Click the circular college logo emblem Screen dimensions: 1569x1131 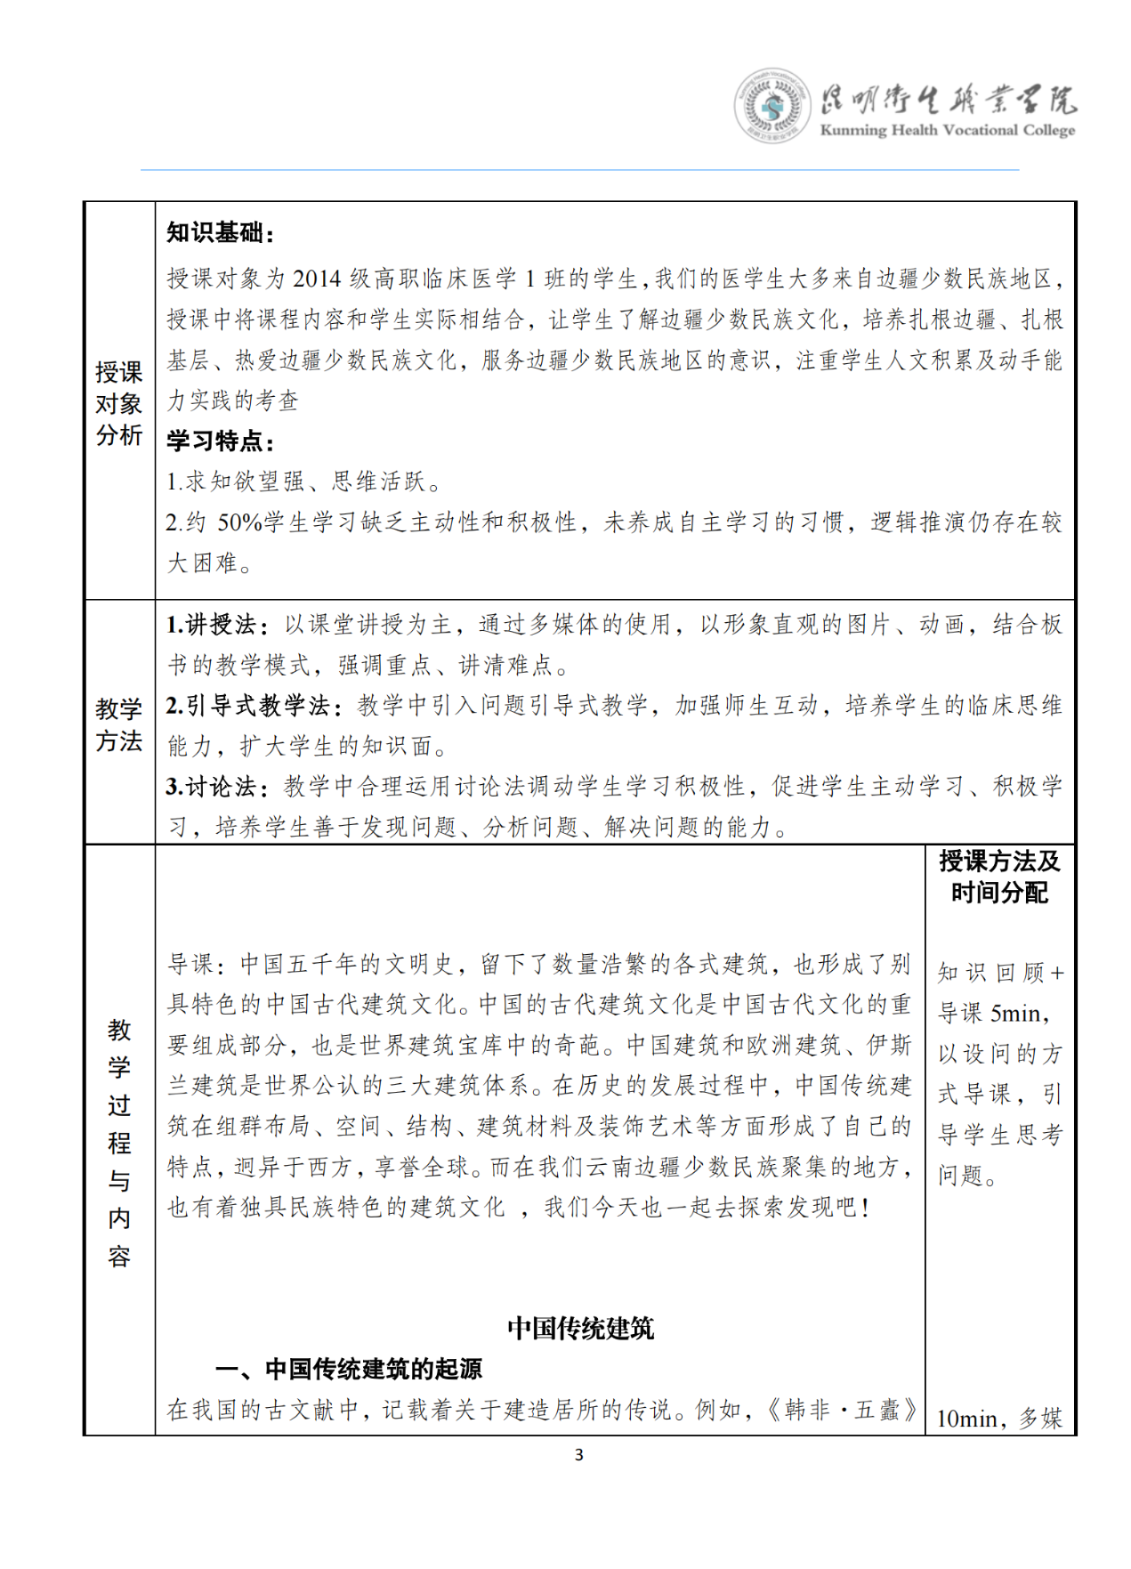(772, 106)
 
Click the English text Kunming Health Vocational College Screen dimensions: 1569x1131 (947, 130)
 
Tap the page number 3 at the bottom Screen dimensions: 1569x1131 (578, 1454)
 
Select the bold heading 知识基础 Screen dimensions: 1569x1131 (219, 233)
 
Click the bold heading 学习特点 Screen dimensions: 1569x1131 (219, 441)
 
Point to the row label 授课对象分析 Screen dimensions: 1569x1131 (119, 403)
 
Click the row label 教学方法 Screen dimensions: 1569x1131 (119, 724)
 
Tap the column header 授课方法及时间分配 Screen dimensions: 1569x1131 (999, 877)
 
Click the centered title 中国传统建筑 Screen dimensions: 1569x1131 (580, 1328)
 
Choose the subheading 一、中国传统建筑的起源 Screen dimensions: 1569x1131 (349, 1369)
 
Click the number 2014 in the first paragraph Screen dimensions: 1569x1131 (317, 279)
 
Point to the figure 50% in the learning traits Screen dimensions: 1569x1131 (240, 522)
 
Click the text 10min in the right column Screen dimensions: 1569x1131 (966, 1419)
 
